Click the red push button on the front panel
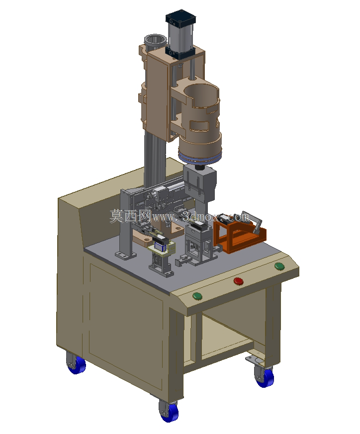click(x=239, y=281)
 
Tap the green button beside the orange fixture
click(x=279, y=266)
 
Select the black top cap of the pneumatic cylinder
click(x=180, y=18)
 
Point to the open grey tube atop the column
click(x=155, y=42)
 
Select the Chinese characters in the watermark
click(x=130, y=216)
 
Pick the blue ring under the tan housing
click(x=200, y=159)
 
